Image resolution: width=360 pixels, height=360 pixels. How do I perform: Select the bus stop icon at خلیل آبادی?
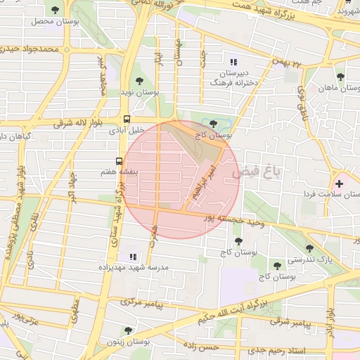pyautogui.click(x=127, y=119)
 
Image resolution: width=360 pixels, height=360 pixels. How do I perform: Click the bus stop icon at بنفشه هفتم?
pyautogui.click(x=119, y=160)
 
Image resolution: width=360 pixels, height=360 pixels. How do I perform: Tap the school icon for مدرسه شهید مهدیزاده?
pyautogui.click(x=132, y=257)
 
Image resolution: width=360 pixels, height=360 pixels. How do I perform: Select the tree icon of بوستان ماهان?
pyautogui.click(x=340, y=77)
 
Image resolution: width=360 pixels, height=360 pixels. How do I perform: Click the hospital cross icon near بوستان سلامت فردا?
pyautogui.click(x=340, y=184)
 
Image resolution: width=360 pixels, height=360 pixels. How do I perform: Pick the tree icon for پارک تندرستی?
pyautogui.click(x=309, y=248)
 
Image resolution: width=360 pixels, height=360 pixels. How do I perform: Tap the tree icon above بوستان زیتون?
pyautogui.click(x=127, y=329)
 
